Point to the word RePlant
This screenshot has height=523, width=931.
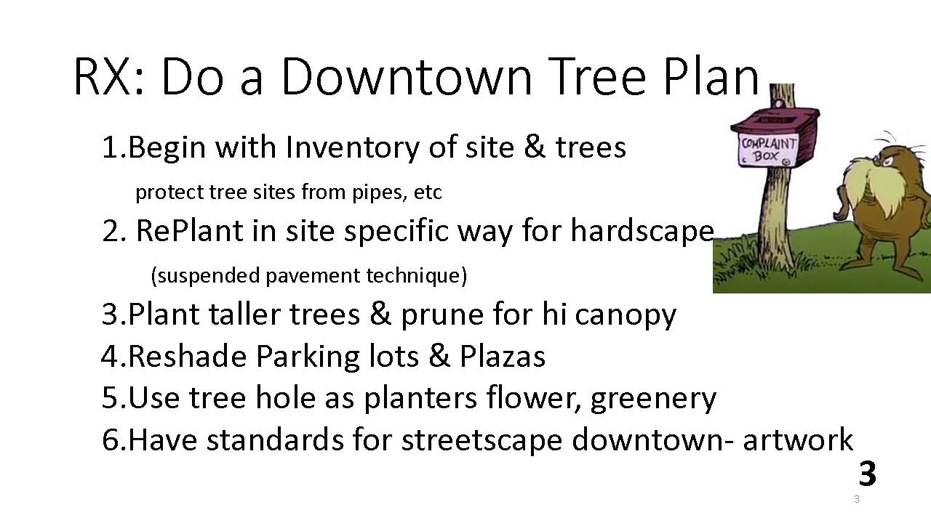tap(189, 231)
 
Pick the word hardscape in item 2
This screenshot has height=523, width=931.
tap(642, 232)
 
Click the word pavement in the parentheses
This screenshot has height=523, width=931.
tap(312, 275)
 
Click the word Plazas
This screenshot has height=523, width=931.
tap(502, 357)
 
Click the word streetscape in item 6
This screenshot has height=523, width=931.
tap(482, 440)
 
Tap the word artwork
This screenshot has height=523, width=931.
tap(798, 439)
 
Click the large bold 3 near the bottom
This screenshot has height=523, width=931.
tap(868, 473)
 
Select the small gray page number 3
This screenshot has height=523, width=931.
tap(856, 499)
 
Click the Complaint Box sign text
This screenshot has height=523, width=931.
tap(767, 150)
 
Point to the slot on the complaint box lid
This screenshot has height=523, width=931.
tap(775, 120)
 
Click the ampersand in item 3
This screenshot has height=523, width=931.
tap(380, 314)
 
